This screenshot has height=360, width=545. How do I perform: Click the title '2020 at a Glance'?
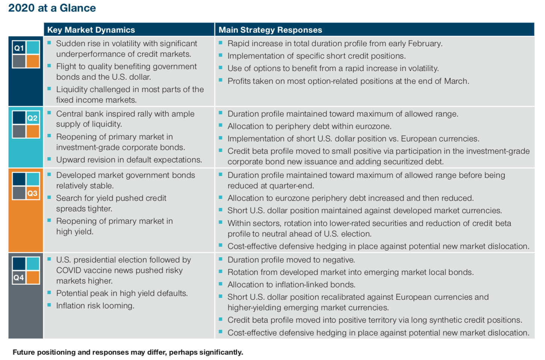(52, 8)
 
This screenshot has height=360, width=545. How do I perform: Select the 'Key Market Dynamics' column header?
(91, 30)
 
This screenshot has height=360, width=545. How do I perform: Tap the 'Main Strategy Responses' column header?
(270, 30)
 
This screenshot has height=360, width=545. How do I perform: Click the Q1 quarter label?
(19, 48)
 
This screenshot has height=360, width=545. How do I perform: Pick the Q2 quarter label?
(32, 118)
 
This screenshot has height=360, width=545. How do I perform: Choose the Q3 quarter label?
(32, 193)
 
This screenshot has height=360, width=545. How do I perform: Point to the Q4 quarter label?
(19, 278)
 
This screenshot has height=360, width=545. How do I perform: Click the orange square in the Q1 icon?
(33, 61)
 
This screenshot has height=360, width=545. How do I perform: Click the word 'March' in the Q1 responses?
(456, 81)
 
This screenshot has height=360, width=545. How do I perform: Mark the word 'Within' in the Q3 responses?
(240, 223)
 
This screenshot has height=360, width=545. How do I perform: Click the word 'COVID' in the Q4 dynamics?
(68, 270)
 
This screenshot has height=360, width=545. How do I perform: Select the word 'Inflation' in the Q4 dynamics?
(71, 306)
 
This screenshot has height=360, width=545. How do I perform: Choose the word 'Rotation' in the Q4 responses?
(243, 272)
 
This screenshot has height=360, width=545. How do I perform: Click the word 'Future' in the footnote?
(24, 352)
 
